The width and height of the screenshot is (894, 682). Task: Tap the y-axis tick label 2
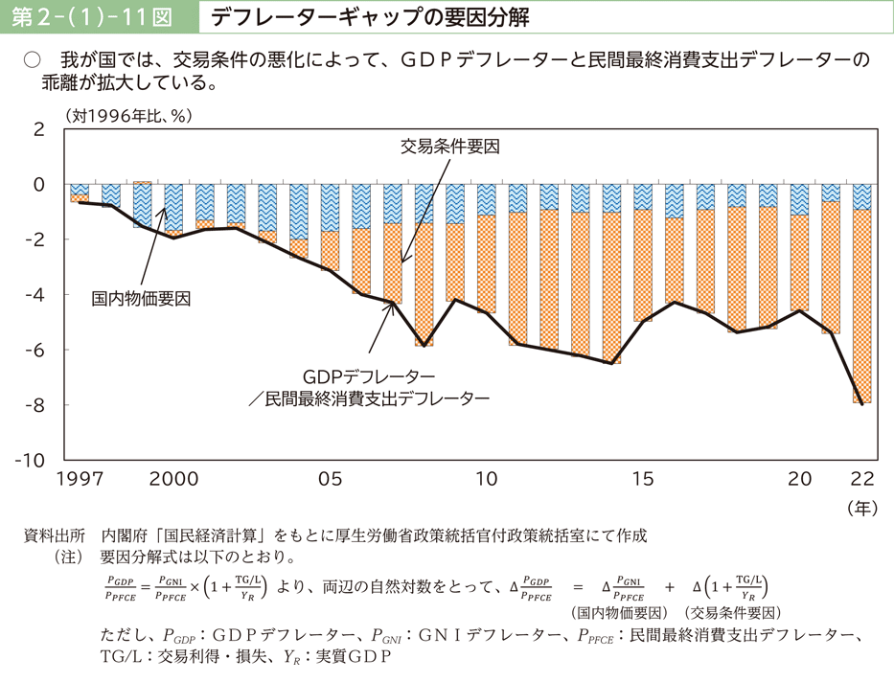(x=39, y=128)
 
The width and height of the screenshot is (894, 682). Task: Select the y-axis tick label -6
(x=36, y=349)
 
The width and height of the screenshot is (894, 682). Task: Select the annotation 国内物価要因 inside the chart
(x=142, y=298)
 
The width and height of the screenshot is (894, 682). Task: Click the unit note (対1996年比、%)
(x=129, y=116)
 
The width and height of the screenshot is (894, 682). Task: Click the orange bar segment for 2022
(x=861, y=307)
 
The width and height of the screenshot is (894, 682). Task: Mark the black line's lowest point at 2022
(x=861, y=403)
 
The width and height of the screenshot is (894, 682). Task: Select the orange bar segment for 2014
(x=611, y=287)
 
